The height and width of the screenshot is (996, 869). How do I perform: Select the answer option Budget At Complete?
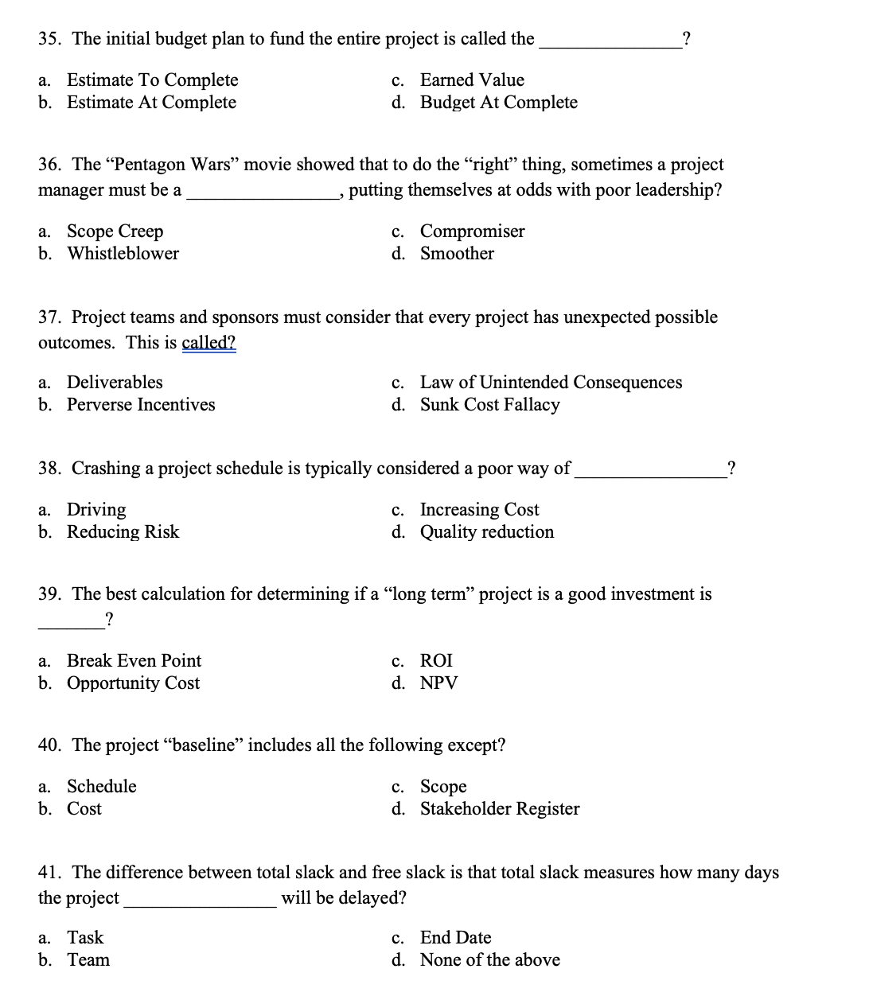pyautogui.click(x=498, y=103)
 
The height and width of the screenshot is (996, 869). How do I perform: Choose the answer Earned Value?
pyautogui.click(x=472, y=80)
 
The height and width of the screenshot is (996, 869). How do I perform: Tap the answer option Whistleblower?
pyautogui.click(x=123, y=254)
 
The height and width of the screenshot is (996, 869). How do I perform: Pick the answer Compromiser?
pyautogui.click(x=472, y=231)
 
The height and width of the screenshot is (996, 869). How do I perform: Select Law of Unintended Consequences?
pyautogui.click(x=551, y=383)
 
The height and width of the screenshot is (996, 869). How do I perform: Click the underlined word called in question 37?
pyautogui.click(x=208, y=343)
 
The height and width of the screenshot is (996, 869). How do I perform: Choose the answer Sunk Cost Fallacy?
pyautogui.click(x=489, y=405)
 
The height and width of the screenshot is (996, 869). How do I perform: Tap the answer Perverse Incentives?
pyautogui.click(x=141, y=405)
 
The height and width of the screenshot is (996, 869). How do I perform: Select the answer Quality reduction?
pyautogui.click(x=486, y=532)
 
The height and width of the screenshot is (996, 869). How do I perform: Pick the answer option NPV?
pyautogui.click(x=438, y=683)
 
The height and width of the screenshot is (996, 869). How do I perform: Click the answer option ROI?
pyautogui.click(x=436, y=661)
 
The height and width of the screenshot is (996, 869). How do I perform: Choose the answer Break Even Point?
pyautogui.click(x=134, y=661)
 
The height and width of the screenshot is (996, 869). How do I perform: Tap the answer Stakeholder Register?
pyautogui.click(x=500, y=809)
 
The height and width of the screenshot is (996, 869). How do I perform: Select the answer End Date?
pyautogui.click(x=455, y=938)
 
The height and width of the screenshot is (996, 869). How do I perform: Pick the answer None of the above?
pyautogui.click(x=489, y=960)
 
